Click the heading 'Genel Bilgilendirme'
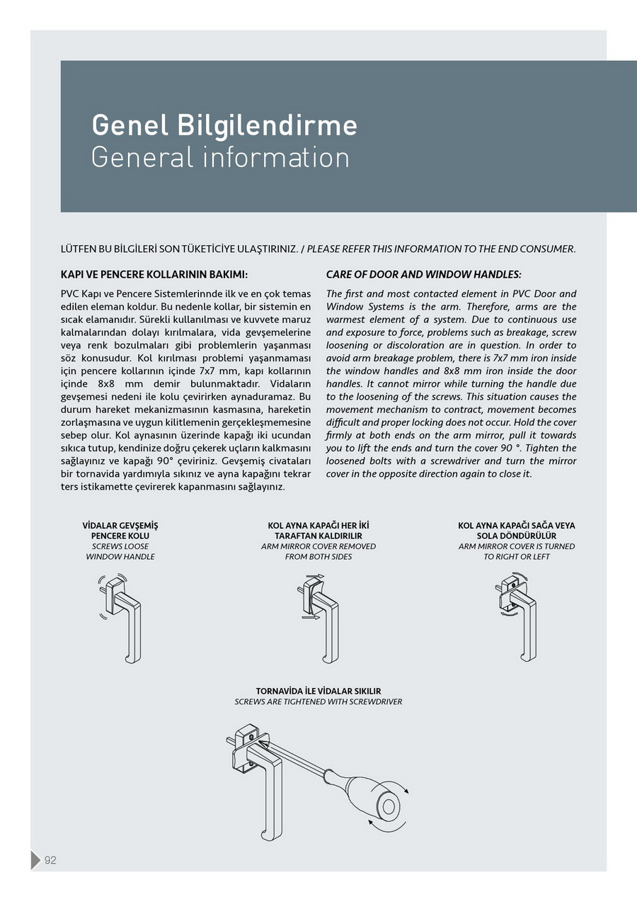tap(224, 125)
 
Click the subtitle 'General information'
tap(220, 157)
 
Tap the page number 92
tap(50, 860)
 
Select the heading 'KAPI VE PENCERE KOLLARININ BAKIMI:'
tap(155, 274)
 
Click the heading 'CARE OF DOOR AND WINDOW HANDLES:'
tap(423, 274)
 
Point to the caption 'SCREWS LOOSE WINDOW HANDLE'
tap(120, 551)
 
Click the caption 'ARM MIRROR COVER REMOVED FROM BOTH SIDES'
tap(318, 551)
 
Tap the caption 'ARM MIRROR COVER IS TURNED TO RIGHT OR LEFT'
tap(517, 551)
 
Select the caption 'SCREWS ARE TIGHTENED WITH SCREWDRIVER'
tap(318, 701)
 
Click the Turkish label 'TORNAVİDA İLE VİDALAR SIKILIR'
tap(318, 691)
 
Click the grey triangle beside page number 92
tap(35, 860)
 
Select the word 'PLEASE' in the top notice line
tap(326, 249)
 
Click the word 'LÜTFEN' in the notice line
tap(78, 249)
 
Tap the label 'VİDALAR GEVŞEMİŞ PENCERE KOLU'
tap(120, 531)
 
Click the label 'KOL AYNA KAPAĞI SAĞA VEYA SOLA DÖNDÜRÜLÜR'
tap(517, 531)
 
